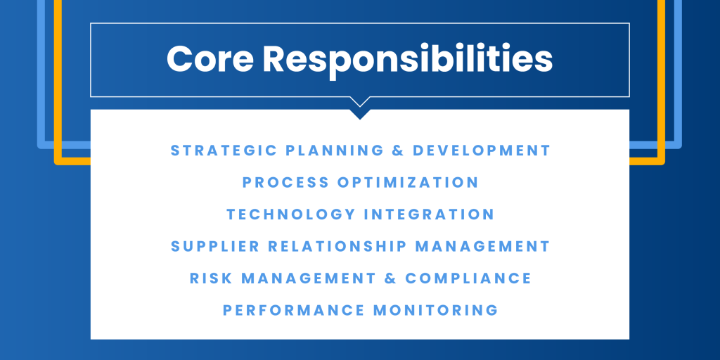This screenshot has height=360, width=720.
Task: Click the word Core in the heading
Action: [210, 59]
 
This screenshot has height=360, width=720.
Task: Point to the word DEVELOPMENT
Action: [481, 150]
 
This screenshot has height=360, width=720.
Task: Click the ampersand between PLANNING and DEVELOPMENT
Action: [398, 150]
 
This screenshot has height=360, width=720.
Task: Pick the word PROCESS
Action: [285, 182]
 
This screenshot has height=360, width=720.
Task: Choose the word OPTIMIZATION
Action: [409, 182]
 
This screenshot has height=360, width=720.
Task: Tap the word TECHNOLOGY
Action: [291, 214]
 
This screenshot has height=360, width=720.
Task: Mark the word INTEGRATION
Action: [430, 214]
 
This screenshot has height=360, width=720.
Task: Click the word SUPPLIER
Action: [215, 246]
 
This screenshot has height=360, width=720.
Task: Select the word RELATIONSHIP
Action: [337, 246]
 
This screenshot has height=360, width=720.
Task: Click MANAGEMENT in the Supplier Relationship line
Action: [482, 246]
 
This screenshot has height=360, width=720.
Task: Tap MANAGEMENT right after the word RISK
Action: [309, 278]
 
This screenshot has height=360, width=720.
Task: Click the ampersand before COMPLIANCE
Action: [390, 278]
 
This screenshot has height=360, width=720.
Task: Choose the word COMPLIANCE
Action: [468, 278]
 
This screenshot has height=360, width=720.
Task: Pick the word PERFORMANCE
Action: [294, 310]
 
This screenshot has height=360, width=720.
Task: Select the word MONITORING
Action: [436, 310]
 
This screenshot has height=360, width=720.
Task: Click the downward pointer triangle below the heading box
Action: [360, 113]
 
